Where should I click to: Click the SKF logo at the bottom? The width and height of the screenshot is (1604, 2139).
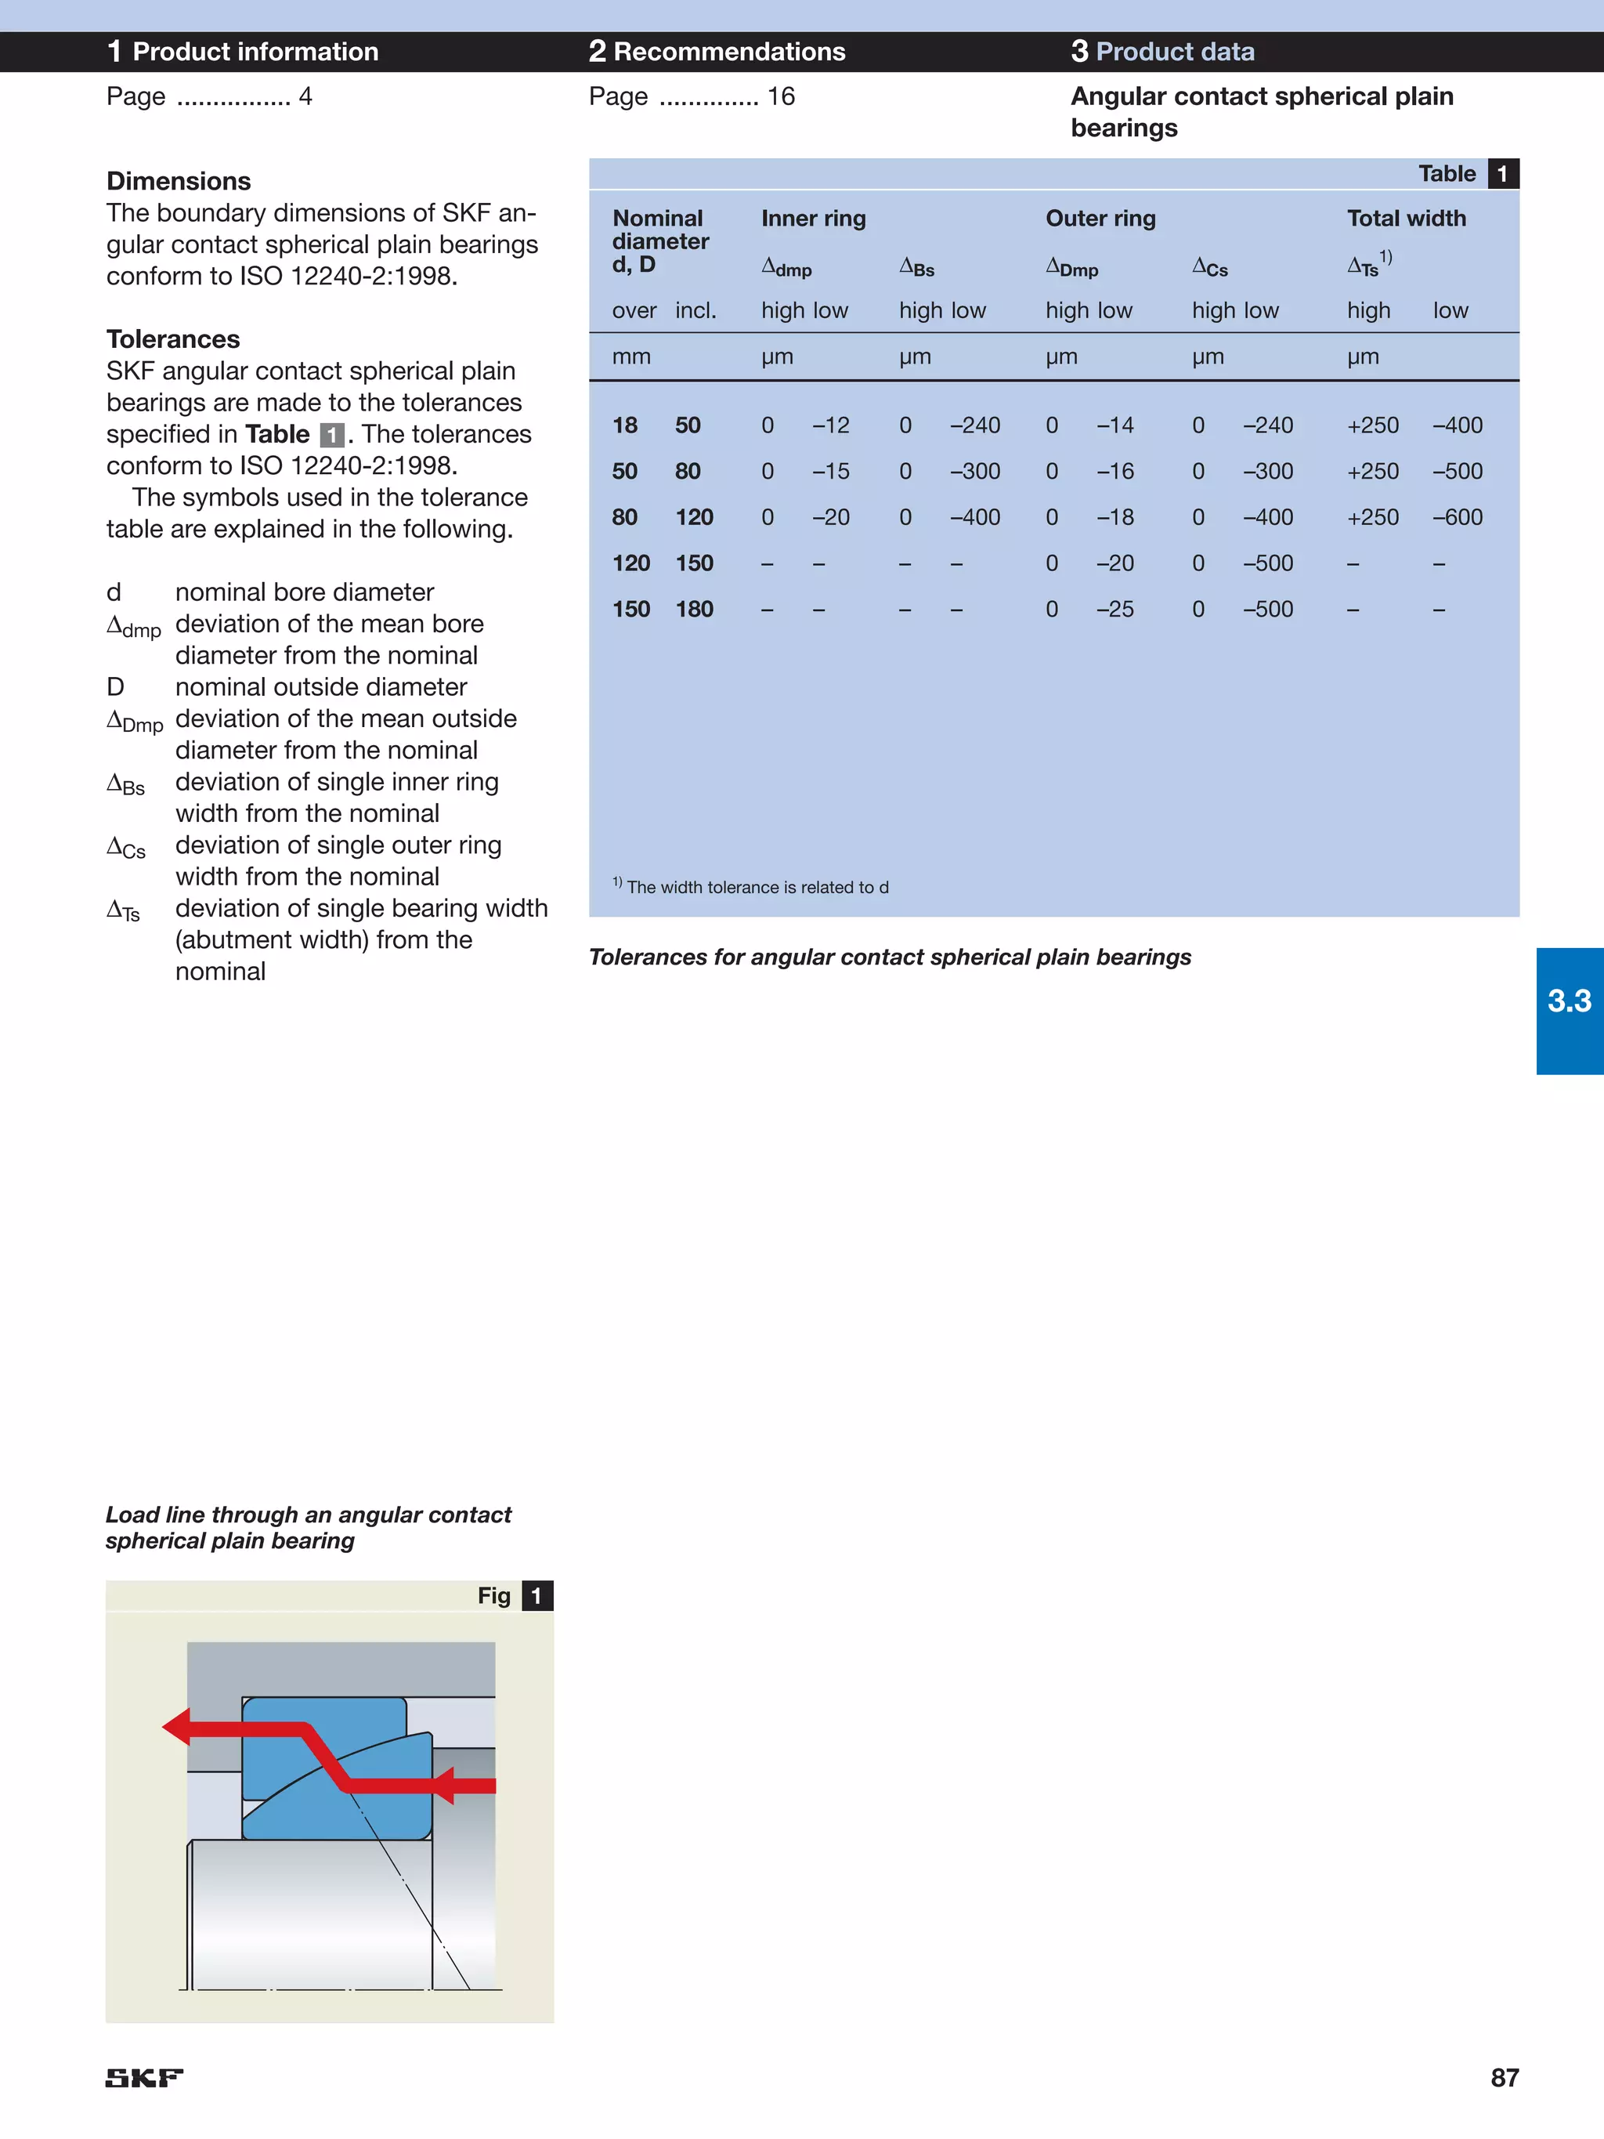click(x=144, y=2077)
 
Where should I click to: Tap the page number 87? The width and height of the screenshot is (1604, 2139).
click(x=1504, y=2077)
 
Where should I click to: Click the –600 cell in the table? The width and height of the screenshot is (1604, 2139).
click(x=1457, y=517)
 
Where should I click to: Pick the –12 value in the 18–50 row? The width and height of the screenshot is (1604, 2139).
click(x=830, y=425)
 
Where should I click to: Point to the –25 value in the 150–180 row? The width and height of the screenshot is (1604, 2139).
click(x=1114, y=610)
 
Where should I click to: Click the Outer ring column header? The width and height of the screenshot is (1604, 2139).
click(x=1100, y=219)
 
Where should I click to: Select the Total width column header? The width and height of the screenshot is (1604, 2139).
click(x=1406, y=219)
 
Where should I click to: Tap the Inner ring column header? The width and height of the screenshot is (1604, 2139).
click(x=813, y=219)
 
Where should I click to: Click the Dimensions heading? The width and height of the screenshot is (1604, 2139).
click(x=179, y=181)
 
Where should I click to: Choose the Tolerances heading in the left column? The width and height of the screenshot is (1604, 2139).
click(x=173, y=339)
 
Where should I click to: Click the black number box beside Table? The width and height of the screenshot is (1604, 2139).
click(x=1502, y=174)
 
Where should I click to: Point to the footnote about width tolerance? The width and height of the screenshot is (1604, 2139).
click(x=751, y=887)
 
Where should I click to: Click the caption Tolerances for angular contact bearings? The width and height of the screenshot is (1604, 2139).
click(x=890, y=957)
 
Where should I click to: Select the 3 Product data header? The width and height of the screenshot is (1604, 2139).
click(x=1162, y=51)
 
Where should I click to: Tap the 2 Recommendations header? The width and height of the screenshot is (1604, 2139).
click(x=717, y=51)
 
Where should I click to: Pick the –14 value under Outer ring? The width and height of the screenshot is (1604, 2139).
click(x=1114, y=425)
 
